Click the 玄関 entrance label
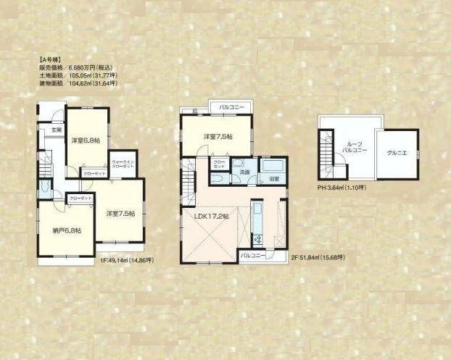[56, 130]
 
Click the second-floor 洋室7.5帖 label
[215, 137]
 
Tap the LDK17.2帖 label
[211, 216]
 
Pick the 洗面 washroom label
[245, 171]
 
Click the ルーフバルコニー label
[355, 148]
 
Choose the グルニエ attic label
[397, 153]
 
